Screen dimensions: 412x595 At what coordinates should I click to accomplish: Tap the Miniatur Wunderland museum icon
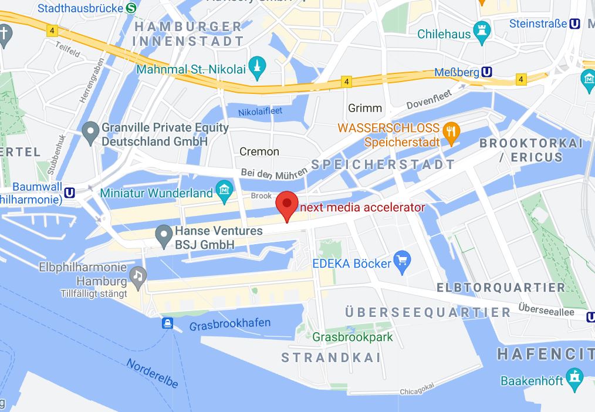(224, 190)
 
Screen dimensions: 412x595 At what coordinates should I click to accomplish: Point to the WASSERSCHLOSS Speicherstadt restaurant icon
(451, 133)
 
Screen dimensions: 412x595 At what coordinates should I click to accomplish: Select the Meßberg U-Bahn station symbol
(486, 72)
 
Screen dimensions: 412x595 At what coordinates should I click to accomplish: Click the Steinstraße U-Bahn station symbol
(576, 24)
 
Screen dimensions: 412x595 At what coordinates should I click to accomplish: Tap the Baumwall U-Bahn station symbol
(70, 192)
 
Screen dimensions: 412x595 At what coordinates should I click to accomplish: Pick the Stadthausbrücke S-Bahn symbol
(131, 8)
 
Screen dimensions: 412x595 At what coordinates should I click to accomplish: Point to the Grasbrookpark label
(353, 337)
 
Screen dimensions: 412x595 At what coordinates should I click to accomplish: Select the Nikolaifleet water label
(260, 112)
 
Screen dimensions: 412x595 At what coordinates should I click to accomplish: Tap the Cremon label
(259, 151)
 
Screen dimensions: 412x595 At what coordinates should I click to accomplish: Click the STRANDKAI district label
(331, 357)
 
